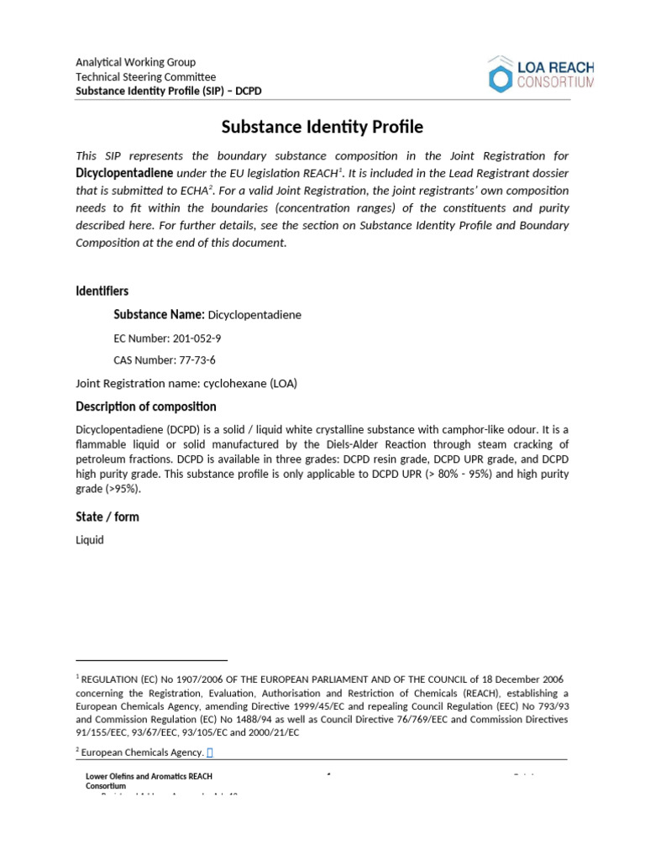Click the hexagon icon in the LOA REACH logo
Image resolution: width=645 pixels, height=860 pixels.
pos(500,76)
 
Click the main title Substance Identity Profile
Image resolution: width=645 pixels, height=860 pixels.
pos(322,128)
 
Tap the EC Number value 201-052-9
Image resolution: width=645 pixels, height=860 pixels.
pos(197,338)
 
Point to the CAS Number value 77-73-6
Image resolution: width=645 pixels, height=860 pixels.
pos(197,360)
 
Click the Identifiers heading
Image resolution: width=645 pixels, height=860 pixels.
pos(102,291)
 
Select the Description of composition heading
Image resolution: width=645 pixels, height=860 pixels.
pos(146,406)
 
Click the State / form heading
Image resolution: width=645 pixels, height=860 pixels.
pos(107,517)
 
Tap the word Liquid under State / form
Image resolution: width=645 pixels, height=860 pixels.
pos(90,540)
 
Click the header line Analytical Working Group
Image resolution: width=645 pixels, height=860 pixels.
pos(135,62)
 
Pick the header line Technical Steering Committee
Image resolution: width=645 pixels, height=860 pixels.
pos(146,76)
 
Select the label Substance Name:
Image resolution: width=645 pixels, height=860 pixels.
pos(159,314)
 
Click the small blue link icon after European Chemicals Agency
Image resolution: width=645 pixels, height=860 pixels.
pos(210,752)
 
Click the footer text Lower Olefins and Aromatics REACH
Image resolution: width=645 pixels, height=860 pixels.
pos(155,777)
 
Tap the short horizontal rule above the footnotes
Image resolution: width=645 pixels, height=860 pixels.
pos(152,660)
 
